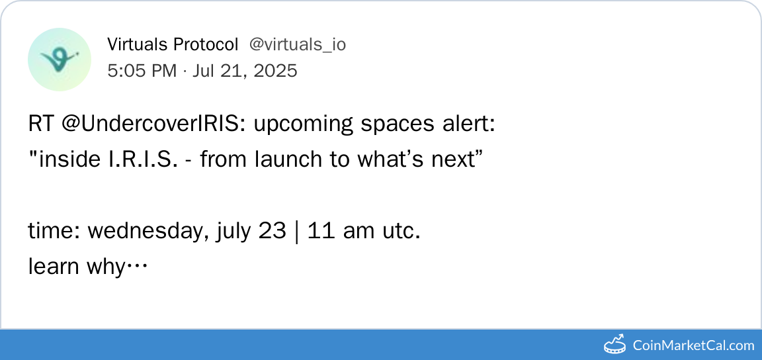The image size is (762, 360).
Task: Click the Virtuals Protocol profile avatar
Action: coord(60,60)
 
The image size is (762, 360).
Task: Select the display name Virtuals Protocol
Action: coord(173,45)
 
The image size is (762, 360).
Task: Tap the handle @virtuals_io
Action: coord(298,45)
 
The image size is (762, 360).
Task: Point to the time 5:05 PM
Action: coord(142,71)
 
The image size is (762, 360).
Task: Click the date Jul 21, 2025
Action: coord(245,71)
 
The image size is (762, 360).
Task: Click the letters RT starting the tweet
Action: coord(42,125)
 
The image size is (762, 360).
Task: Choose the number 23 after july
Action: coord(272,231)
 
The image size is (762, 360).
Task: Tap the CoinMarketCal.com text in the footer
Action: coord(693,345)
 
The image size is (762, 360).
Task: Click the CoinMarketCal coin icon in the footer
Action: coord(614,344)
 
